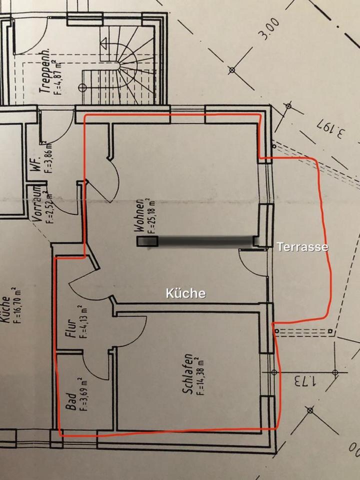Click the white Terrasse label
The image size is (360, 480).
click(302, 246)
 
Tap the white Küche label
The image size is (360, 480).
click(185, 293)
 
